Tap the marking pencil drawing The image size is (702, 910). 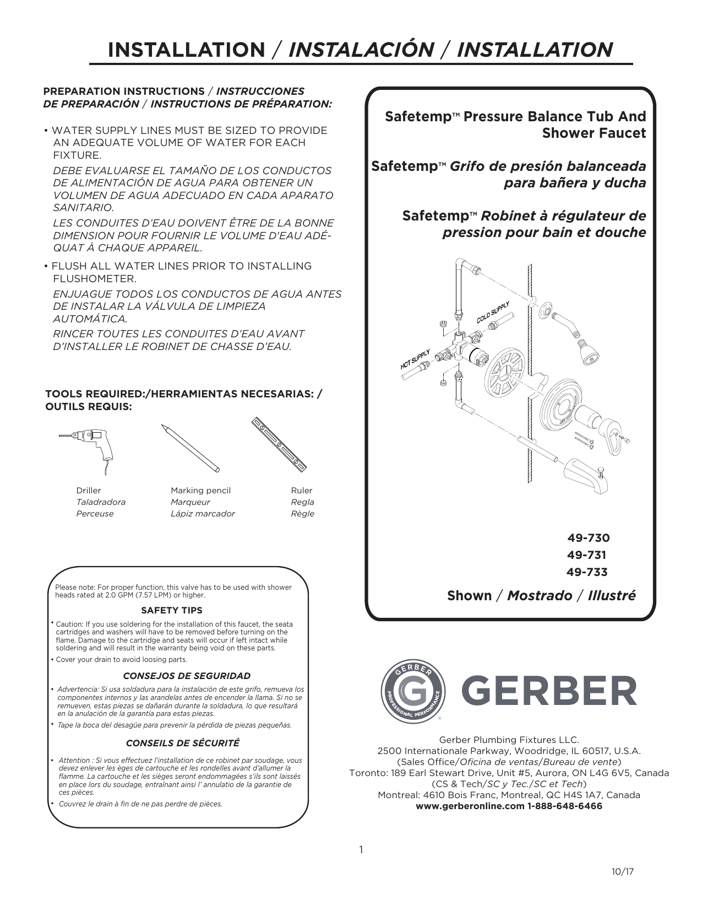(x=190, y=447)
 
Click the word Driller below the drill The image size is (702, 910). (x=89, y=491)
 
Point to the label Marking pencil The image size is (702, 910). (x=200, y=491)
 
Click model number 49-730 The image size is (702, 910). (x=588, y=538)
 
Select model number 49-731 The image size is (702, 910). (x=586, y=555)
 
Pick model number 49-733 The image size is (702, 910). (x=587, y=572)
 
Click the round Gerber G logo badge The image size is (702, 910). (x=411, y=691)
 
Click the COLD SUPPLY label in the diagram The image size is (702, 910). (x=493, y=313)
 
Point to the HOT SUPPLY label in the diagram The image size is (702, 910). (x=415, y=359)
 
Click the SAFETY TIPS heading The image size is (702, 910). (x=172, y=610)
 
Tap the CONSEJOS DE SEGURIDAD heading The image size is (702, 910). (x=187, y=676)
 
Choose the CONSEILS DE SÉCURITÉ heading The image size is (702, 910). (x=183, y=743)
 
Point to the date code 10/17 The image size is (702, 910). (x=623, y=872)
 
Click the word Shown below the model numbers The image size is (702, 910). (x=469, y=596)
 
